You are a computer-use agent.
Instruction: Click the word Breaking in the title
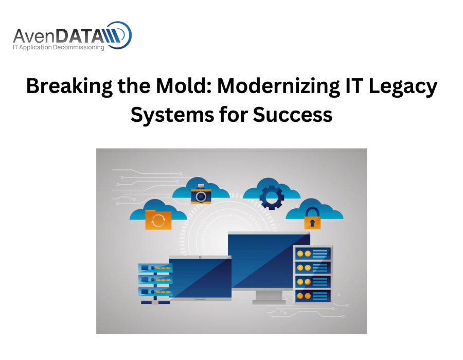point(69,86)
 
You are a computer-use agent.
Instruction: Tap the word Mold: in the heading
point(184,85)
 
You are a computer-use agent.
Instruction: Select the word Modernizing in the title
point(279,86)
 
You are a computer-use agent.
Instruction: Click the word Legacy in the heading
point(403,86)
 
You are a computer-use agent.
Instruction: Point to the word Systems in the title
point(172,115)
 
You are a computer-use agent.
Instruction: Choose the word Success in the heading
point(292,115)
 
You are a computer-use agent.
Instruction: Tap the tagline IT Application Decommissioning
point(59,47)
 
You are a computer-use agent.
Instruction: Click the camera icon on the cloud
point(201,194)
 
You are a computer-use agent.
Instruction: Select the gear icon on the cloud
point(272,197)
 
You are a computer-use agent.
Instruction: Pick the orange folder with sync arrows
point(158,220)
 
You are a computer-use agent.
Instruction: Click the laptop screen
point(200,278)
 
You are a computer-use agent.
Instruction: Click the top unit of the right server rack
point(313,254)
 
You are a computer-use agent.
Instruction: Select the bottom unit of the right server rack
point(313,296)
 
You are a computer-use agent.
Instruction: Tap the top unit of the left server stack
point(155,268)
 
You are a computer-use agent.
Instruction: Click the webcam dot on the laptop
point(200,257)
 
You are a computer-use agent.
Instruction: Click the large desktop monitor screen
point(269,261)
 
